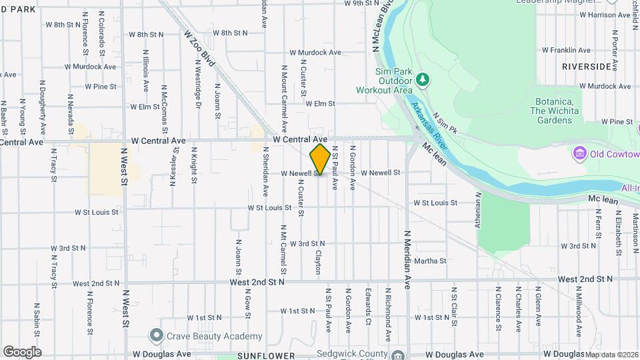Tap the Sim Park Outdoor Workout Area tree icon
point(423,80)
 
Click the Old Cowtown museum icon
point(579,155)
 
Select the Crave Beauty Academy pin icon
point(156,335)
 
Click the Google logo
point(22,352)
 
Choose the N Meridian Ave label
point(407,261)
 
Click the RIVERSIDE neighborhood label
point(586,67)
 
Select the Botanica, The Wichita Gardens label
point(553,111)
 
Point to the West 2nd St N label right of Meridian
point(585,279)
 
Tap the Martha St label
point(430,261)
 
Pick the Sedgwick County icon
point(398,355)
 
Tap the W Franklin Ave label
point(566,50)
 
